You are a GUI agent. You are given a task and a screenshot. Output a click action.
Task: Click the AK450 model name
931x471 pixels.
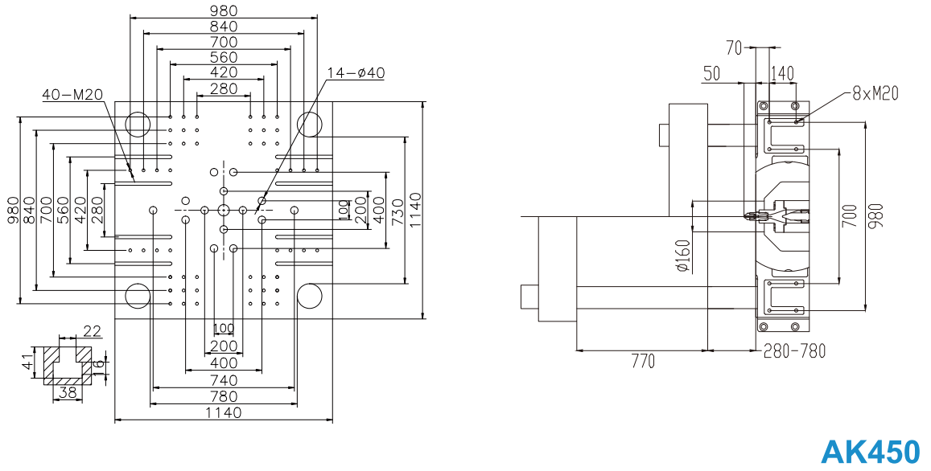click(x=869, y=452)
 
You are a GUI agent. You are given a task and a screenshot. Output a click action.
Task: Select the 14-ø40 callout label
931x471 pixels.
click(x=356, y=73)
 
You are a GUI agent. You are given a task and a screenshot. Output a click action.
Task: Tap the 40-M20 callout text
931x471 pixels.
click(x=72, y=94)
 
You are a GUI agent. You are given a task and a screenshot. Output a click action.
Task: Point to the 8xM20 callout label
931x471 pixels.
click(x=875, y=94)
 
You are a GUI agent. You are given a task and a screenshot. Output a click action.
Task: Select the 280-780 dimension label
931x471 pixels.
click(x=793, y=351)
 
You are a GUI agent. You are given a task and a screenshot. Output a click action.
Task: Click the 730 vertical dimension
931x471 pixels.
click(x=396, y=210)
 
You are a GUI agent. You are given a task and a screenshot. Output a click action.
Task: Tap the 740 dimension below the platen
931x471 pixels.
click(x=224, y=379)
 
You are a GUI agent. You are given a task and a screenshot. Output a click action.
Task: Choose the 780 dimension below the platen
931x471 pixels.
click(x=224, y=396)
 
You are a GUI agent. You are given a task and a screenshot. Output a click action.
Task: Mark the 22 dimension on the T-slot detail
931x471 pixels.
click(x=93, y=330)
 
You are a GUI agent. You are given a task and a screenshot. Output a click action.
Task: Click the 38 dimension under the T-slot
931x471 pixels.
click(x=68, y=393)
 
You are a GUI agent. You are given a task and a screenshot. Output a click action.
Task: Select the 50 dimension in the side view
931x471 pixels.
click(x=711, y=73)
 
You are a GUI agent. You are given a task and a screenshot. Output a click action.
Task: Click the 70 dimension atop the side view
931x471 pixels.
click(x=734, y=47)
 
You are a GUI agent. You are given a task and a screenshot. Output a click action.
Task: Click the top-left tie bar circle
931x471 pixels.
click(x=138, y=124)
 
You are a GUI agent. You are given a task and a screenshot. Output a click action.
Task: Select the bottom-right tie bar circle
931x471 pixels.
click(x=310, y=295)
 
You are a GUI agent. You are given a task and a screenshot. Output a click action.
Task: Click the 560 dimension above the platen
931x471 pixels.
click(x=224, y=57)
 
